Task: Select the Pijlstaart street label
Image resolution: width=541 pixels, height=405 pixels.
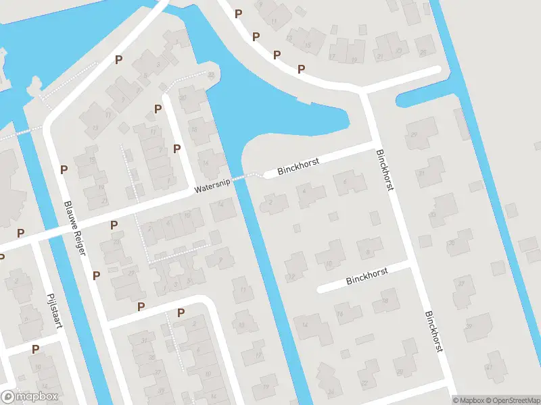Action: (55, 310)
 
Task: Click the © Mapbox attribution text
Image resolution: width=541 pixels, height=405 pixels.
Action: (467, 400)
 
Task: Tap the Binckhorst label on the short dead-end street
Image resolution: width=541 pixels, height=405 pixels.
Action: (366, 275)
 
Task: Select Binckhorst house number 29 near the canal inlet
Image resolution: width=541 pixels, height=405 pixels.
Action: (421, 134)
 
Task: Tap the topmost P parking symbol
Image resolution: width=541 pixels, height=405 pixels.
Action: (238, 13)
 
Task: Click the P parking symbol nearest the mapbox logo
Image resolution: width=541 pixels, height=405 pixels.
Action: (35, 349)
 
